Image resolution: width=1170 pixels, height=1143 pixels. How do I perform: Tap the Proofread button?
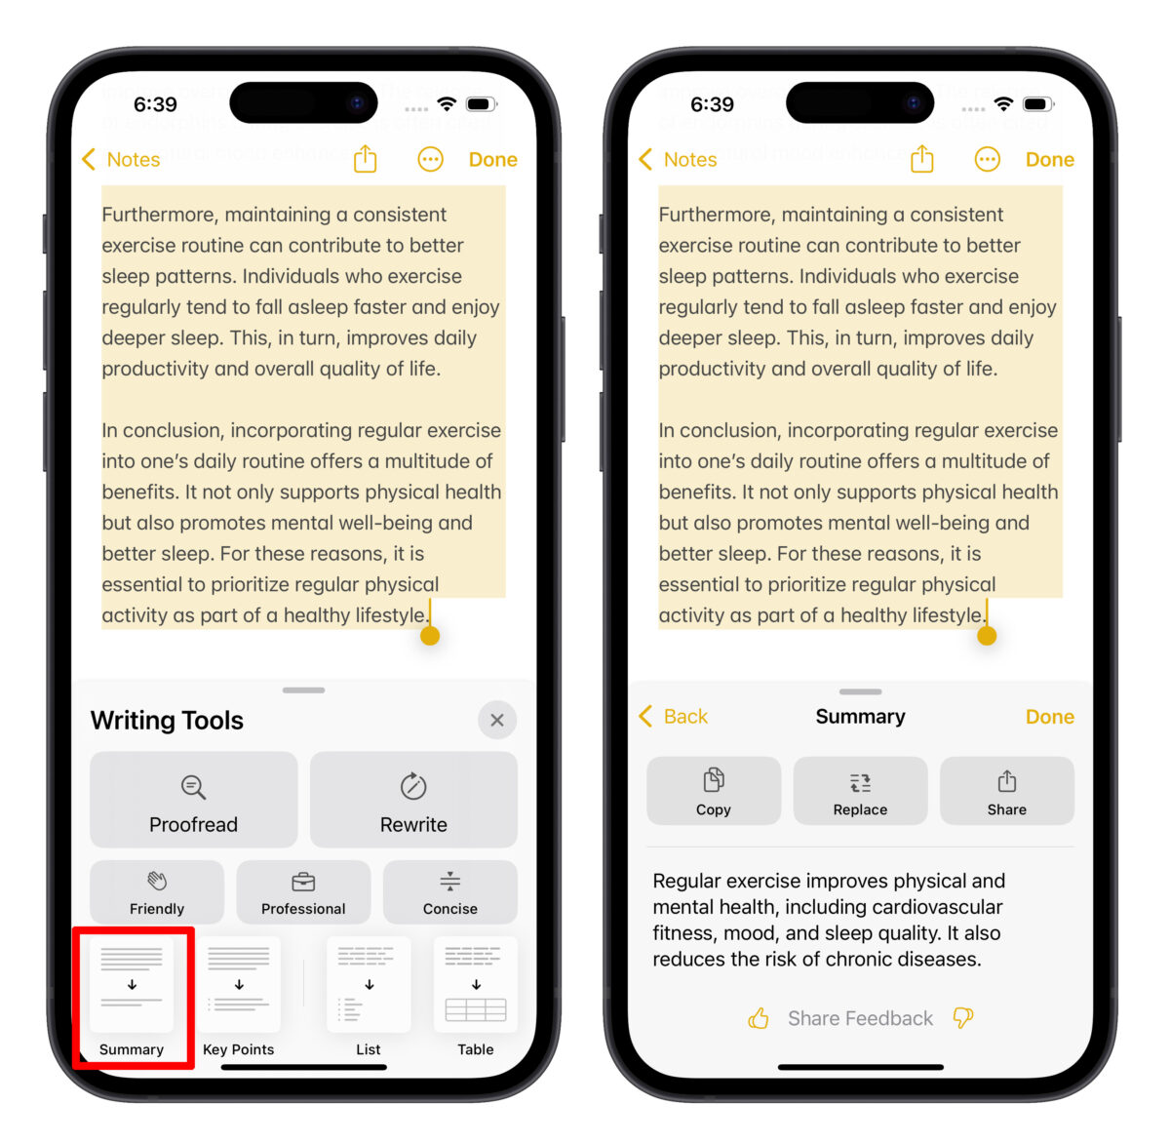[193, 800]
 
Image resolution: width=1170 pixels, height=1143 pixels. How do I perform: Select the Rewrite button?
[413, 800]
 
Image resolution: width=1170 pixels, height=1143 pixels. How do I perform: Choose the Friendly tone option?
[157, 892]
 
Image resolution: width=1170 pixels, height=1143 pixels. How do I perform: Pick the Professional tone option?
[303, 892]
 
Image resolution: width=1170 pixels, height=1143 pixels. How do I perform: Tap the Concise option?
[449, 892]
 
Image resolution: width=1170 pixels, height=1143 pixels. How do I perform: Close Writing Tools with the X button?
[497, 720]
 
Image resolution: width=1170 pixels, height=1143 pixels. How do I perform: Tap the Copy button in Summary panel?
[714, 791]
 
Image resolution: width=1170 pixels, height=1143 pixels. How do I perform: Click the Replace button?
[860, 791]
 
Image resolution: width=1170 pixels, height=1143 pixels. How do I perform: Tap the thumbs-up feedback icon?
[759, 1019]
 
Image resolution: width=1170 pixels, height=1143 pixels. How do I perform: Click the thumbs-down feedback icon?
[963, 1018]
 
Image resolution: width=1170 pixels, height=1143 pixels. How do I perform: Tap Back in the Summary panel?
[674, 717]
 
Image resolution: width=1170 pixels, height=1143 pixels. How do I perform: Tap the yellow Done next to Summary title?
[1049, 717]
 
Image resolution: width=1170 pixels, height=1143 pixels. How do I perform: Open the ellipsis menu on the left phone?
[430, 159]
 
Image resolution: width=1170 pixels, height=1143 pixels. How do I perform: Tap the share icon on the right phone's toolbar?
[921, 158]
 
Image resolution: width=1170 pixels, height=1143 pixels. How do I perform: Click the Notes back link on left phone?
[122, 159]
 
